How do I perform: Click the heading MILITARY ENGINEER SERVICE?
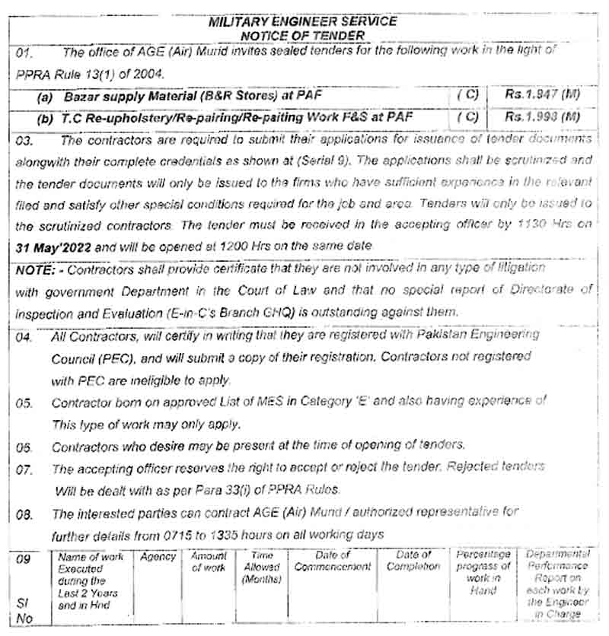pos(302,21)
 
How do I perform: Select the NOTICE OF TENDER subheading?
pos(302,35)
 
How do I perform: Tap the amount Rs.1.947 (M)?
pos(542,96)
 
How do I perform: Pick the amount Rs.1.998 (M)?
pos(542,117)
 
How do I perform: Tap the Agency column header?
pos(158,558)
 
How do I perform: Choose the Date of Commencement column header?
pos(333,561)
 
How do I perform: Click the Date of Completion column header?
pos(413,561)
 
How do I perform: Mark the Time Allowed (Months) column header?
pos(262,568)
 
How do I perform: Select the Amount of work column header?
pos(209,562)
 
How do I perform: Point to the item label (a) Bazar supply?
pos(46,97)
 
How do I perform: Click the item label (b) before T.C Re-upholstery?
pos(46,118)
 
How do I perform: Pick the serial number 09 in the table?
pos(24,560)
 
